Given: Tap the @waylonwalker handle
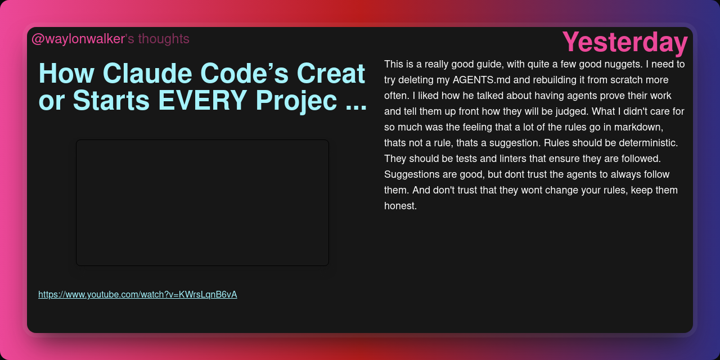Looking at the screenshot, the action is pos(78,39).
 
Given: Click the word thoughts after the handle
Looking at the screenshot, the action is pos(164,39).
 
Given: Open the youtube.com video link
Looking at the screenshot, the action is pos(138,294).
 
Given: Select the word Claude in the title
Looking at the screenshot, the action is pos(147,73).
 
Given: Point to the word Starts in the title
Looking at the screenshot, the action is pos(111,100).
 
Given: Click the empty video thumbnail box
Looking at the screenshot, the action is pos(202,203).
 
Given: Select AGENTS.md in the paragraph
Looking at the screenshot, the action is pos(481,80).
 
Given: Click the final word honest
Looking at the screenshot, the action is pos(400,206).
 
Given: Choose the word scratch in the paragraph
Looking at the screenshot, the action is pos(626,80).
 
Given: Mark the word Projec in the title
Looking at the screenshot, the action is pos(296,101).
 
